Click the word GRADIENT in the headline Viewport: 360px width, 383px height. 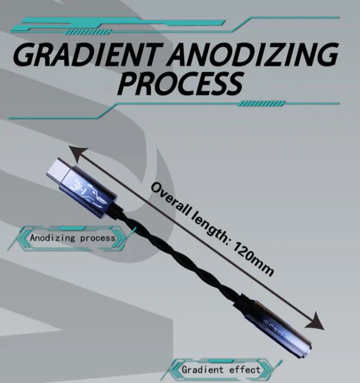[x=88, y=54]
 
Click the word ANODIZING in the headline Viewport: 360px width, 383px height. [x=253, y=54]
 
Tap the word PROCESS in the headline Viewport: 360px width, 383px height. [x=181, y=83]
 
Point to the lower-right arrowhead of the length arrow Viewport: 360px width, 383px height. [x=315, y=321]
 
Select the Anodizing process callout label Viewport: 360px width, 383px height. [x=73, y=238]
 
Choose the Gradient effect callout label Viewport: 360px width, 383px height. [x=221, y=369]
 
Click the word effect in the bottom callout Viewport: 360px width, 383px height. [x=245, y=370]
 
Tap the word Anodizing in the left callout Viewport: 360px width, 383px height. [x=52, y=238]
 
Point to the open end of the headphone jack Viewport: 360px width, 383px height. [x=307, y=350]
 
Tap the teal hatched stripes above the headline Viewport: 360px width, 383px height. [x=88, y=32]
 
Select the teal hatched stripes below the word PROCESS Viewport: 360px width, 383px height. [x=261, y=103]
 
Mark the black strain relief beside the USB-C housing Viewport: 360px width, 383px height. [x=117, y=210]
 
